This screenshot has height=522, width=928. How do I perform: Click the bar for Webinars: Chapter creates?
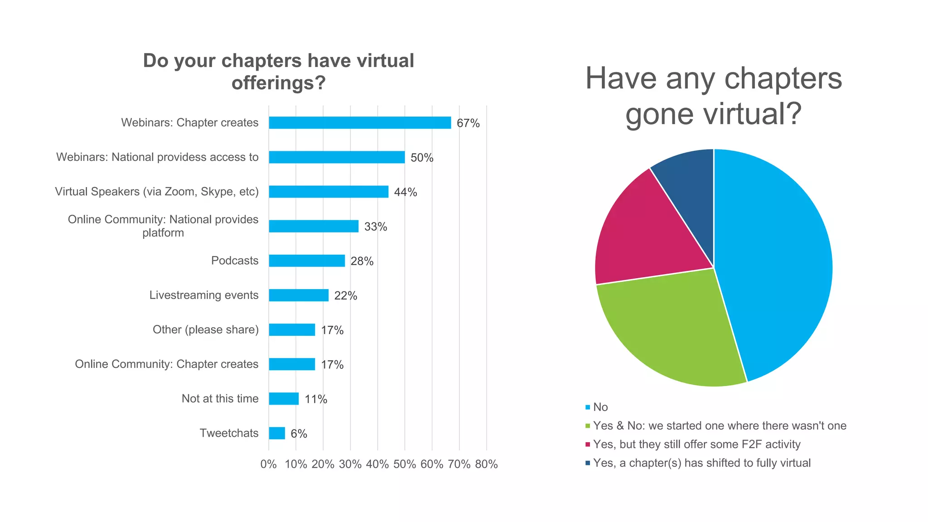pyautogui.click(x=360, y=123)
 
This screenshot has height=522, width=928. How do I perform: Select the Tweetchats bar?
pyautogui.click(x=277, y=433)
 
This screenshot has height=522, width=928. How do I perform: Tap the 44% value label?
pyautogui.click(x=405, y=192)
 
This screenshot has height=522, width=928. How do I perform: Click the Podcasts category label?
pyautogui.click(x=235, y=261)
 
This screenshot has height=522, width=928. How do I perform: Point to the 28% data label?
pyautogui.click(x=362, y=261)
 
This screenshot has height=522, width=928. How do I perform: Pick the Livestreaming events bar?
pyautogui.click(x=299, y=295)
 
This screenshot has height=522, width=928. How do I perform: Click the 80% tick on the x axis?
pyautogui.click(x=486, y=464)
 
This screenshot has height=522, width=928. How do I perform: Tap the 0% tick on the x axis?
pyautogui.click(x=268, y=464)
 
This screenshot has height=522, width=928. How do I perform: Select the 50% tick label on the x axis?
pyautogui.click(x=405, y=464)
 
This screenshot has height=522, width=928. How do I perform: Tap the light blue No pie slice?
pyautogui.click(x=775, y=263)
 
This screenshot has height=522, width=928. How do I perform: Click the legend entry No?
pyautogui.click(x=600, y=407)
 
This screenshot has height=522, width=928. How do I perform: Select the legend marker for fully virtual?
pyautogui.click(x=588, y=463)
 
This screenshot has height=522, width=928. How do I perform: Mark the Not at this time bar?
pyautogui.click(x=284, y=399)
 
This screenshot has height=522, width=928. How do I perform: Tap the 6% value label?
pyautogui.click(x=299, y=434)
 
